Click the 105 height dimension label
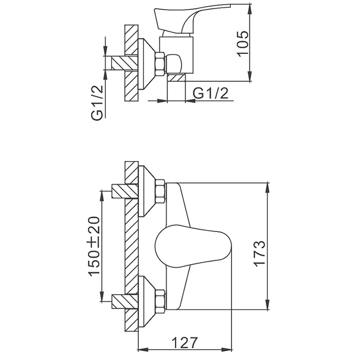242,44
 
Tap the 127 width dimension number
185,343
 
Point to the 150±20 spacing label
94,246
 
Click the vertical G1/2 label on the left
97,103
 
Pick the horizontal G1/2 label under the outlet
211,94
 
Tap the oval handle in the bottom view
193,246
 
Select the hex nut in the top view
159,64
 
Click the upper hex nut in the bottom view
160,191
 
